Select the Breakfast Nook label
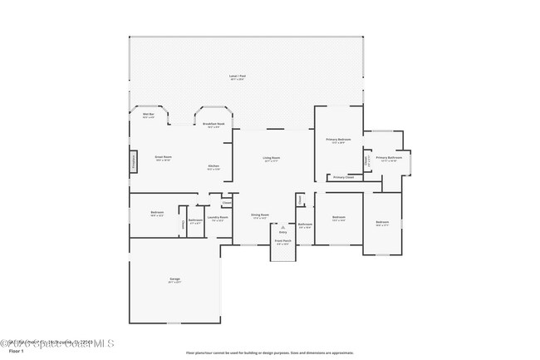(x=212, y=125)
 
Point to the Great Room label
(x=163, y=157)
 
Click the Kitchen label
(x=214, y=166)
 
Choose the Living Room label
(x=272, y=158)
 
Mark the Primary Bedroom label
(x=338, y=140)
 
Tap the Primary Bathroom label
(x=389, y=158)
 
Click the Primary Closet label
(x=343, y=177)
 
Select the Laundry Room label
(x=218, y=219)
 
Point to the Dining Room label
(x=260, y=215)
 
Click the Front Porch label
(x=282, y=241)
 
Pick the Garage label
(x=174, y=279)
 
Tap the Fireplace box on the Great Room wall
(x=132, y=160)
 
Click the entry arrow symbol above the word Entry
(x=282, y=226)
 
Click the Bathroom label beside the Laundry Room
(x=195, y=220)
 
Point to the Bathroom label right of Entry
(x=305, y=224)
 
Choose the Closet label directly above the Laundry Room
(x=226, y=201)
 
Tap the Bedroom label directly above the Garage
(x=157, y=214)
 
